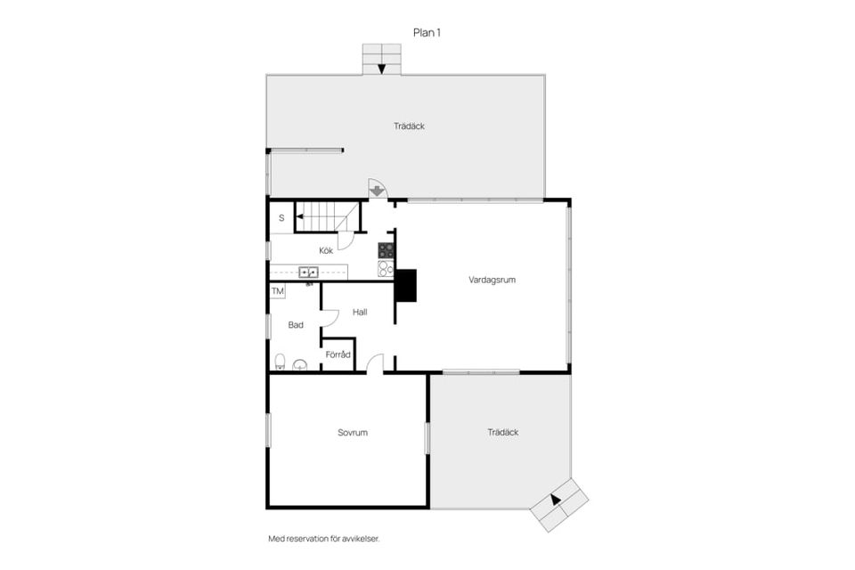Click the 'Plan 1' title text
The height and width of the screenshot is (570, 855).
[x=427, y=33]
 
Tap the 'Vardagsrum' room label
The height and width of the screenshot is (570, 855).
[x=492, y=280]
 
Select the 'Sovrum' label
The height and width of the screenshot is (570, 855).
[x=353, y=433]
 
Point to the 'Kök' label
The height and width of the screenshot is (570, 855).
[x=326, y=250]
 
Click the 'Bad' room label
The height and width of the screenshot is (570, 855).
[x=296, y=325]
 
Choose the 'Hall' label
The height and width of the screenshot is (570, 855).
[x=360, y=312]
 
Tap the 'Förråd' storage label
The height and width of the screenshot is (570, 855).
[x=338, y=354]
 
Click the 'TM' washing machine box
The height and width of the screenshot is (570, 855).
[x=278, y=291]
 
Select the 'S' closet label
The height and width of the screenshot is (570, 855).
[x=281, y=218]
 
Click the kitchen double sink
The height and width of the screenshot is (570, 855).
[x=308, y=272]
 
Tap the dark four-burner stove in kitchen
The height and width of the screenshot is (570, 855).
[x=386, y=250]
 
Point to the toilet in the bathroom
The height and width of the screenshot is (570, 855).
[x=280, y=362]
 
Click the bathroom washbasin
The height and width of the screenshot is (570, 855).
[x=300, y=365]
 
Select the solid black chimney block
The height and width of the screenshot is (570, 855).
[x=406, y=285]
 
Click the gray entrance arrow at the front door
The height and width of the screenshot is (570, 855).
[x=376, y=191]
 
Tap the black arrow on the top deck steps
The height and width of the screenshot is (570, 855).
[x=382, y=69]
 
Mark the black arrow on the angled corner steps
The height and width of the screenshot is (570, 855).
[x=555, y=499]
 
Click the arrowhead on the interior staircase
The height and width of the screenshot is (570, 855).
[x=299, y=216]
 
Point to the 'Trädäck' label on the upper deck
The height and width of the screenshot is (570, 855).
[x=409, y=126]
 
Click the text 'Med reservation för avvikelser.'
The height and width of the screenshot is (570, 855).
[x=324, y=539]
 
